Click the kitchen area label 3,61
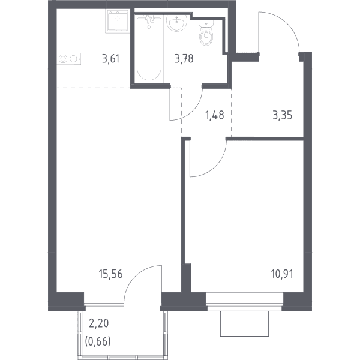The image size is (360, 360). click(x=111, y=59)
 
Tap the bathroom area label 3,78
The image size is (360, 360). click(x=184, y=59)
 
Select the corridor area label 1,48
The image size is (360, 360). click(x=215, y=115)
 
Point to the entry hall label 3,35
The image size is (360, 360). click(x=283, y=115)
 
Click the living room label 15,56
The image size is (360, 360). click(x=110, y=274)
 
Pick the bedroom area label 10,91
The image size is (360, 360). click(x=282, y=274)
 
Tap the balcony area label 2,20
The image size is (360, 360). click(x=99, y=323)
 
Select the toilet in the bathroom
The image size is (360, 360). click(x=206, y=33)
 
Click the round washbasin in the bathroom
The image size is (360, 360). click(x=176, y=23)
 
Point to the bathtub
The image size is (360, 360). click(x=149, y=48)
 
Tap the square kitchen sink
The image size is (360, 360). click(x=118, y=21)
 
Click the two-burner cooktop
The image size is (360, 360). click(x=69, y=59)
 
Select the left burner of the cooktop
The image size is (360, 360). click(x=62, y=59)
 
